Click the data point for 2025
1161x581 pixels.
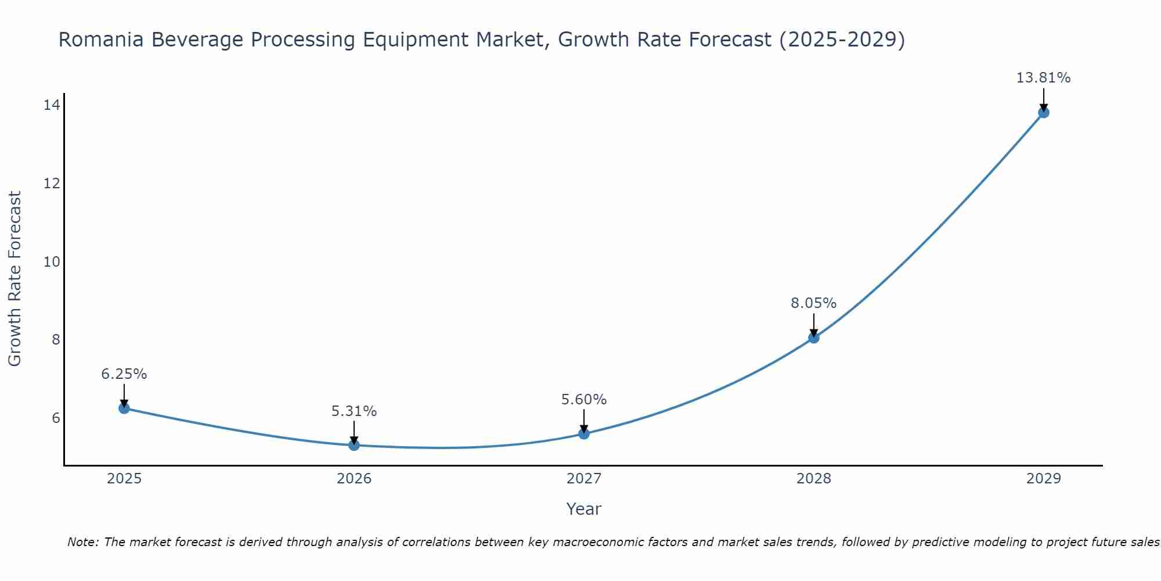(124, 408)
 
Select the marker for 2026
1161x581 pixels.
(354, 445)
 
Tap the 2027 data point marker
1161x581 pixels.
(583, 433)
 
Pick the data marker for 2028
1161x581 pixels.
(813, 338)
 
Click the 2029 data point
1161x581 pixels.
(1043, 112)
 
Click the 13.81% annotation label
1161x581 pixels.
(1043, 78)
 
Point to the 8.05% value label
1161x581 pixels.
(813, 303)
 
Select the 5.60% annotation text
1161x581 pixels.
(583, 400)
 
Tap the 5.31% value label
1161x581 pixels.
(354, 411)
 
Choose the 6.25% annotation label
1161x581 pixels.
(124, 374)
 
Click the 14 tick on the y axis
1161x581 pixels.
(52, 105)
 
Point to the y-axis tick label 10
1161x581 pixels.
(52, 262)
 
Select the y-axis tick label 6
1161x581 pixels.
(56, 418)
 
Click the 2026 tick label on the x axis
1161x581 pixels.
(354, 479)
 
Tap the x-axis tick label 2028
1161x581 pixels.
(813, 479)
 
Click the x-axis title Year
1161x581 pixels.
(583, 509)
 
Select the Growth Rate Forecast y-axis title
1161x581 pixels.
(15, 279)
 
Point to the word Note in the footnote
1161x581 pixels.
(83, 543)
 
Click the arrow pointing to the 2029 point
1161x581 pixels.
(1043, 99)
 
